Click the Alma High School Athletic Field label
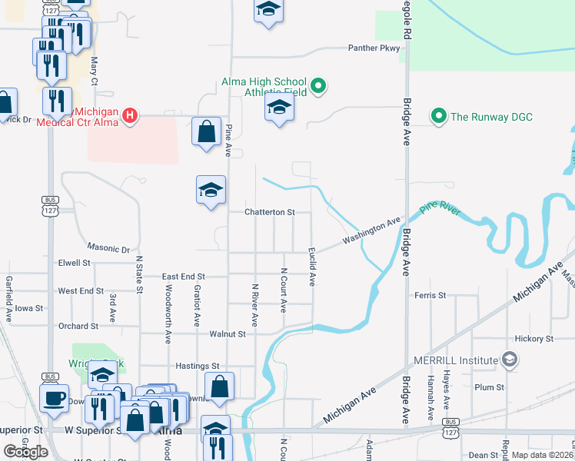(x=264, y=87)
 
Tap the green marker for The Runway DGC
(x=439, y=117)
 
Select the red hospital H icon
(x=130, y=116)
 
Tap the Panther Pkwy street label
(x=374, y=48)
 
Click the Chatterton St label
(x=270, y=212)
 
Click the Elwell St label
(x=75, y=263)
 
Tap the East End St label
(x=184, y=277)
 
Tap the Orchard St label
(x=73, y=326)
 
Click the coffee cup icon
(x=54, y=399)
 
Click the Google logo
(x=25, y=452)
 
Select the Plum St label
(x=489, y=387)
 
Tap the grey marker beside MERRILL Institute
(x=509, y=359)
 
